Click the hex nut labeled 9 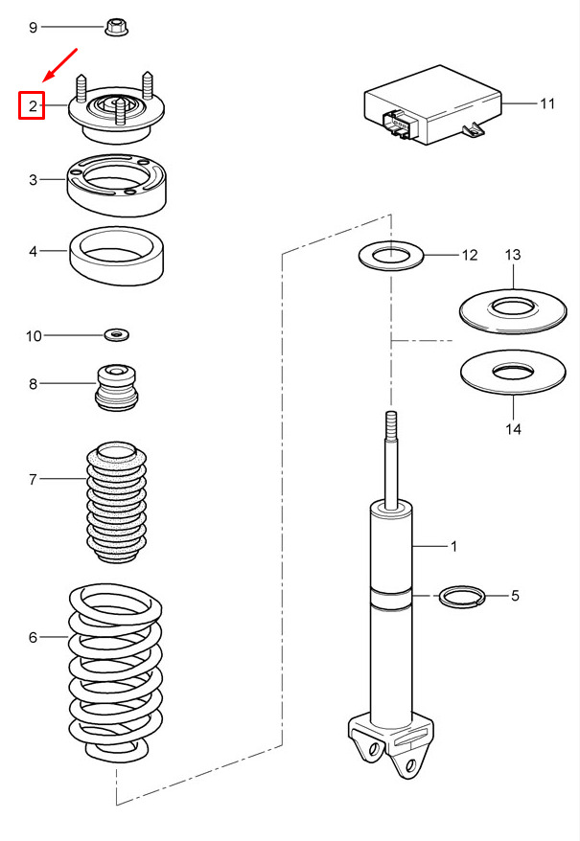(x=116, y=27)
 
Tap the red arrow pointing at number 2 (x=60, y=65)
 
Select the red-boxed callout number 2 (x=33, y=105)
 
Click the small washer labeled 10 (x=117, y=335)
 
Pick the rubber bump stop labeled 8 (x=117, y=388)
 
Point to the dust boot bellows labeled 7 (x=117, y=502)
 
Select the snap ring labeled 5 (x=462, y=596)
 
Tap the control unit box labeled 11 (x=433, y=105)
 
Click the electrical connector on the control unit (x=400, y=125)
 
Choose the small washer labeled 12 (x=391, y=256)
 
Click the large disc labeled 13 (x=513, y=310)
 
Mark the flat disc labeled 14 (x=513, y=373)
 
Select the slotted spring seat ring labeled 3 (x=115, y=185)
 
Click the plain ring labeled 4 (x=117, y=256)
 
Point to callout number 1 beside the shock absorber (x=453, y=547)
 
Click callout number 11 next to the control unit (x=547, y=103)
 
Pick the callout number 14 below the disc (x=513, y=428)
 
